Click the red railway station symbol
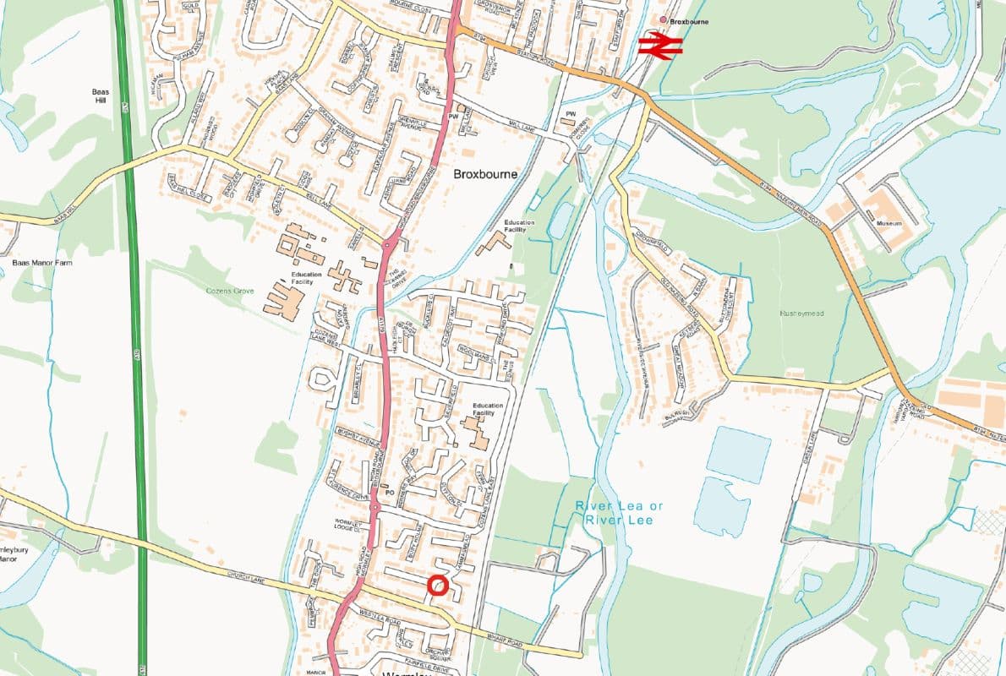click(x=660, y=46)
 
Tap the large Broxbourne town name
click(x=485, y=174)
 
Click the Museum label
click(x=888, y=223)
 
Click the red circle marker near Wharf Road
click(x=437, y=586)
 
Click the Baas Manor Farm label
click(x=43, y=263)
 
